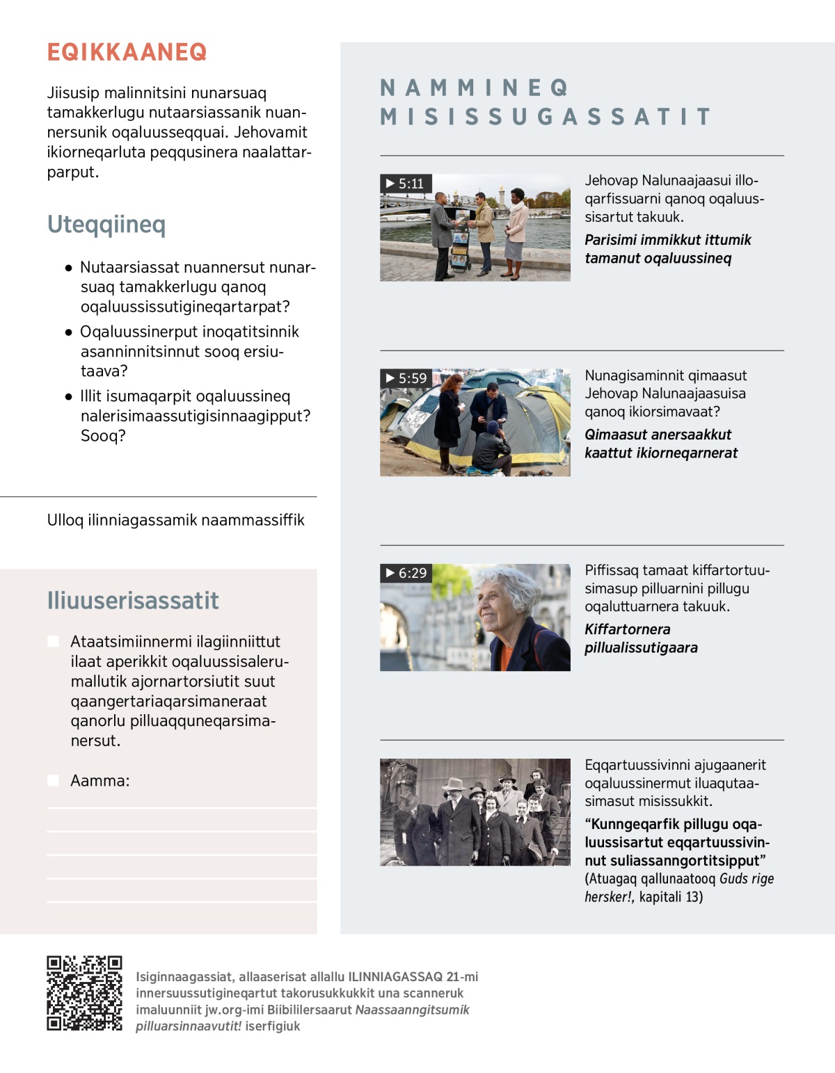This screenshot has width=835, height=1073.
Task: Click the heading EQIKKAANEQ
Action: (127, 52)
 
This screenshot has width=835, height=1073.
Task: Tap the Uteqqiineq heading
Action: (106, 225)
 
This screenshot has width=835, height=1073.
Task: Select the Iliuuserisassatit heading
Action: (133, 600)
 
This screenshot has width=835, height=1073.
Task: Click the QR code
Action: (84, 993)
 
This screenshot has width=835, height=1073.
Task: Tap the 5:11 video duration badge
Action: (406, 184)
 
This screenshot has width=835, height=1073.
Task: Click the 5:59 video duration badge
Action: (406, 378)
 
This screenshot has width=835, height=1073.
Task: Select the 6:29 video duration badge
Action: (406, 573)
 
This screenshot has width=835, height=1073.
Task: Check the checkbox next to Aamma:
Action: (54, 780)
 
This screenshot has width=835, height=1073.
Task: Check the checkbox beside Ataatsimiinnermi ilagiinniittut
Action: (54, 641)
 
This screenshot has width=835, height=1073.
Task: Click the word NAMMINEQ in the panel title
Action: (475, 88)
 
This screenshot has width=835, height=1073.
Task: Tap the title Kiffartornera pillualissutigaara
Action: (640, 638)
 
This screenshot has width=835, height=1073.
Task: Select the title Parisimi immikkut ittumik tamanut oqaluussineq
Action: (667, 249)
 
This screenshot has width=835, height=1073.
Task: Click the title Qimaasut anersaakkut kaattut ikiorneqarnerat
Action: (660, 444)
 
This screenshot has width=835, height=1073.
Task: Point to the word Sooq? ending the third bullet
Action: (103, 436)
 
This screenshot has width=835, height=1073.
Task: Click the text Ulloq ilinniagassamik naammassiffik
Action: (175, 520)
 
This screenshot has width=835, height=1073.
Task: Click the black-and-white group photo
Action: (475, 812)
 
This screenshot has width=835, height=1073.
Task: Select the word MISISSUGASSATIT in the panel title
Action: (546, 117)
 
